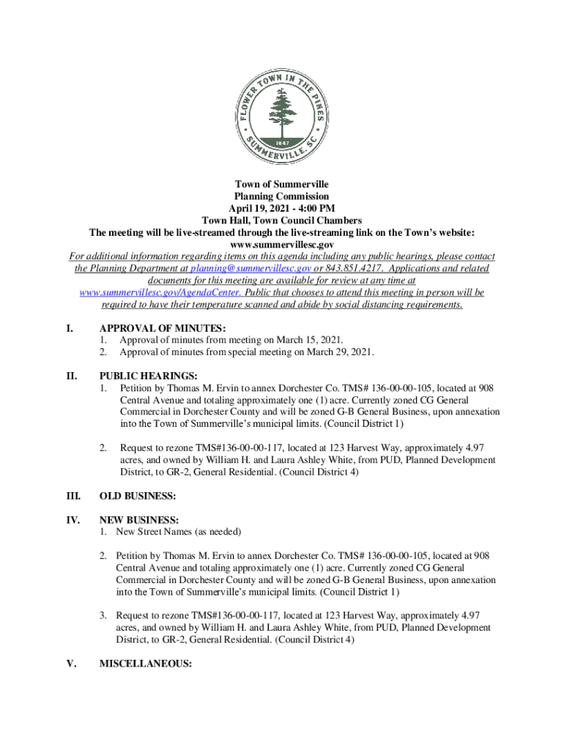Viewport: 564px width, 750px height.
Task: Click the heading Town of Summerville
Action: click(281, 184)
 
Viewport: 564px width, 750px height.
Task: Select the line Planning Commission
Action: click(281, 196)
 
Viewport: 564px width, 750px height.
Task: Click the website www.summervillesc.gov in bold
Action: click(281, 244)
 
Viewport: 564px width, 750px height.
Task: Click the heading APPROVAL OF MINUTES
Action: click(162, 329)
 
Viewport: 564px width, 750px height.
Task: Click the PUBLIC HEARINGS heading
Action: click(149, 376)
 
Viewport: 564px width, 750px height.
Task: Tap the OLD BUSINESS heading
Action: click(138, 497)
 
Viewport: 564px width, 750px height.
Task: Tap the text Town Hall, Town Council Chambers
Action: click(281, 220)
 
